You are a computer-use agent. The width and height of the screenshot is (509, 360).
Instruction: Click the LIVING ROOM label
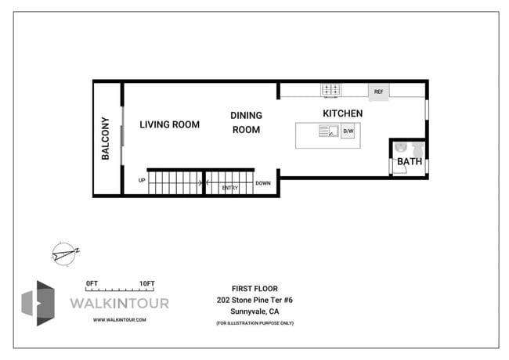169,124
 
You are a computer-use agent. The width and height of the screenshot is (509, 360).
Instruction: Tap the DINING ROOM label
246,122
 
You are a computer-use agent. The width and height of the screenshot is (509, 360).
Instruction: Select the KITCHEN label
342,113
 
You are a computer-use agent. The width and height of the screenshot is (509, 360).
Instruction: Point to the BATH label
409,162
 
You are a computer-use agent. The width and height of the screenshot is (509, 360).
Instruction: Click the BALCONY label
106,139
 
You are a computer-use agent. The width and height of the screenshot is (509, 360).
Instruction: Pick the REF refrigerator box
378,92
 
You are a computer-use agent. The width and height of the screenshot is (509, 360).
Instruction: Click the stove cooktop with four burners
330,90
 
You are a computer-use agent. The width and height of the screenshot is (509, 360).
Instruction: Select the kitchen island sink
328,132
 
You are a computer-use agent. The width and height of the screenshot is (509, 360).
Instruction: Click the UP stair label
142,181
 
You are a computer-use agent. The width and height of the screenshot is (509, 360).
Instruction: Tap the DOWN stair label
263,185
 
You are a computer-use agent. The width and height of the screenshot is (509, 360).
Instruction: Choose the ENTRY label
230,188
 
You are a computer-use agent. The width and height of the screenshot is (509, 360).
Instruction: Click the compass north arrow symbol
64,252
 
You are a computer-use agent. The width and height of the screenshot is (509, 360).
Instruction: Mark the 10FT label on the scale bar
147,283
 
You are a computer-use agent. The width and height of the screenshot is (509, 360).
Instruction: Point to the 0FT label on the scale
93,283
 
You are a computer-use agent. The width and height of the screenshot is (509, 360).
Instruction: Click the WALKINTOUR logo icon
38,303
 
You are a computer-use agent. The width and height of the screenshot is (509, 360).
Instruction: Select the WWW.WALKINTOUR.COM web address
119,319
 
